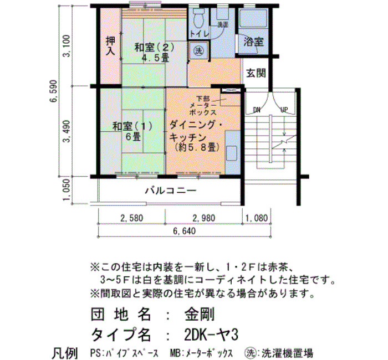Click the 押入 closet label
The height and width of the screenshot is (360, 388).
(111, 46)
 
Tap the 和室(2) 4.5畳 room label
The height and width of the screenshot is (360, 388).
(155, 53)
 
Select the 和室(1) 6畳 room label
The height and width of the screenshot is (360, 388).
(132, 131)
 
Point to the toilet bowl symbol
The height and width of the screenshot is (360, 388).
(198, 18)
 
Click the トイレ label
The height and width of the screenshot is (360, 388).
(200, 33)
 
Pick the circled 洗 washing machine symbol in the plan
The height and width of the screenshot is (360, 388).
(198, 51)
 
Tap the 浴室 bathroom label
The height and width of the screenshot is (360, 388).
(253, 42)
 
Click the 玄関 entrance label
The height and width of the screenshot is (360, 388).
(256, 73)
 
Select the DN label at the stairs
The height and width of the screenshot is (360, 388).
(256, 110)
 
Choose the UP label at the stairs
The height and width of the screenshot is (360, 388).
(284, 110)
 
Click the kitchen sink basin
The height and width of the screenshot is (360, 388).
(232, 153)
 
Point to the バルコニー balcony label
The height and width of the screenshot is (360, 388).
(171, 191)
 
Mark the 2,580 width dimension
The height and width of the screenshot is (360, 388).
(132, 218)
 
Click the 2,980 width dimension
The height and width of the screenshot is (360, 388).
(204, 218)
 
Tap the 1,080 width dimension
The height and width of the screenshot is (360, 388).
(257, 218)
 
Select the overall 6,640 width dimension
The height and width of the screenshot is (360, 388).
(185, 231)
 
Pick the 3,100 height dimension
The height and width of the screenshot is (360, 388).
(67, 46)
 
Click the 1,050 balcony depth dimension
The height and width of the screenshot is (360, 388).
(67, 191)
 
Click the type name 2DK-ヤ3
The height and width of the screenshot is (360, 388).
(211, 335)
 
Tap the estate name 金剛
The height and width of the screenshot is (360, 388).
(200, 315)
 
